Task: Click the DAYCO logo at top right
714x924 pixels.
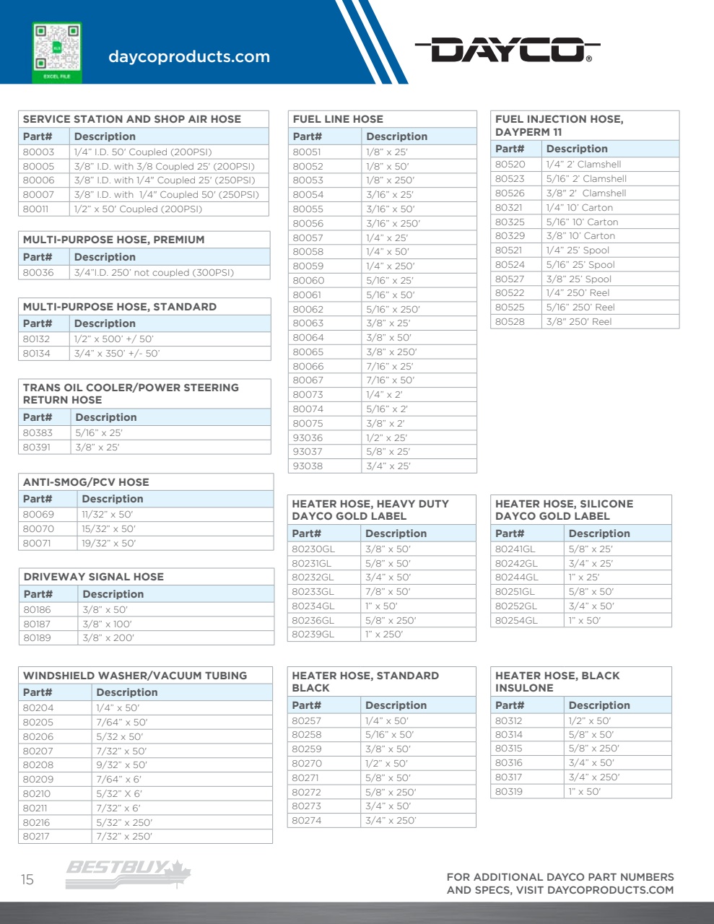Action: click(508, 50)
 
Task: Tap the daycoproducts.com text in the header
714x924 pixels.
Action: click(189, 56)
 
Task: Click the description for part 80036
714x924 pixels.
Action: click(154, 272)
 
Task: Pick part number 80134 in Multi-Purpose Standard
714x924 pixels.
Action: click(36, 353)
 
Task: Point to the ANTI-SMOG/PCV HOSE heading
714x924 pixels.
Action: click(86, 482)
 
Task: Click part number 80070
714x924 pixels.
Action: click(38, 528)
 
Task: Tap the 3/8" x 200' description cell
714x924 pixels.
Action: click(108, 637)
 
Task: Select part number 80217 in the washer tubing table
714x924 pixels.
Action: click(38, 836)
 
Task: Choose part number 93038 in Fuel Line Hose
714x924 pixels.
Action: click(308, 466)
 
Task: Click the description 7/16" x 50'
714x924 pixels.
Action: click(390, 380)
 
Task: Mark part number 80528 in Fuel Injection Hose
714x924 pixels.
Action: click(510, 321)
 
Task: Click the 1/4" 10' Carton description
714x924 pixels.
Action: click(579, 207)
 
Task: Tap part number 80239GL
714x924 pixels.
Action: click(313, 634)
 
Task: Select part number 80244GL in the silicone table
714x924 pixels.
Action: click(516, 577)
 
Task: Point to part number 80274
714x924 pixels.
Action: click(306, 820)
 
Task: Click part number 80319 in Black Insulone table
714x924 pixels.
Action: click(508, 791)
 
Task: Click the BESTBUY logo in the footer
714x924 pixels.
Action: click(129, 868)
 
